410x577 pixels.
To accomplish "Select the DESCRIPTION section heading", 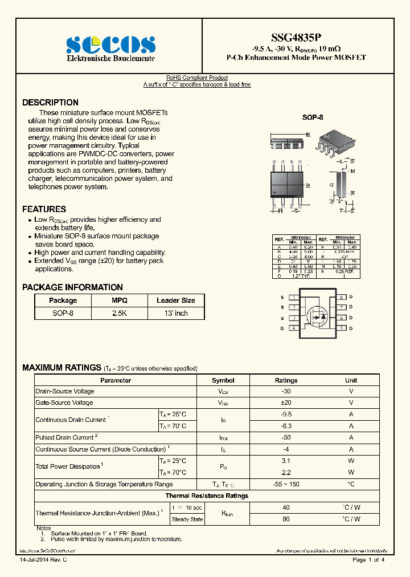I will [50, 103].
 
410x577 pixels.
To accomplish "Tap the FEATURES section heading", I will [44, 209].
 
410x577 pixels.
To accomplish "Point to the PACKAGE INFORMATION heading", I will [72, 287].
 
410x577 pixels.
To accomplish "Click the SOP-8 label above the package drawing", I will [312, 117].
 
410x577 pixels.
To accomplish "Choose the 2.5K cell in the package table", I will [119, 313].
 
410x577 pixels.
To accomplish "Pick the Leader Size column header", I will [175, 300].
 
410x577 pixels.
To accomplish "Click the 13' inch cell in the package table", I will [175, 313].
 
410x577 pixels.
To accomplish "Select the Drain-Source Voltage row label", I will [65, 391].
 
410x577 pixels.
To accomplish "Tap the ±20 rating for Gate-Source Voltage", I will [286, 403].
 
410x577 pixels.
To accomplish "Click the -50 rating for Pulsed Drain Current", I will [286, 437].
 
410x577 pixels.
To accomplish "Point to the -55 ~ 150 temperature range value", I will [286, 484].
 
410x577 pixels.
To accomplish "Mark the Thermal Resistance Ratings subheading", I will [207, 495].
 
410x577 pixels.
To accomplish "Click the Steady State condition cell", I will [187, 519].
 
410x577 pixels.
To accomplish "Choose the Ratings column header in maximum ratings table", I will [286, 380].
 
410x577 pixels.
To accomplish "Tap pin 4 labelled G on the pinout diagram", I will [293, 328].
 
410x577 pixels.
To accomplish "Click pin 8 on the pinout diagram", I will [341, 297].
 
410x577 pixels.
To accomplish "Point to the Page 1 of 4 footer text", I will [368, 560].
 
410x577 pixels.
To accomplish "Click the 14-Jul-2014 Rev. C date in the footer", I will [43, 560].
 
